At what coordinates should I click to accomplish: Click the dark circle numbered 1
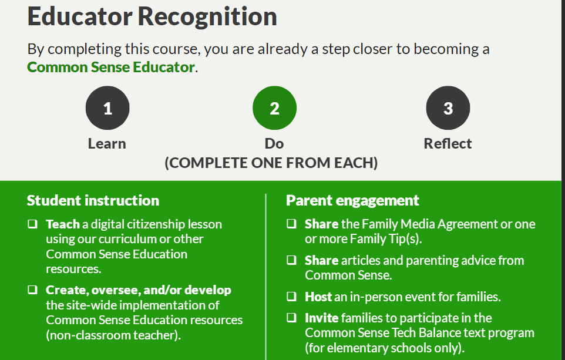point(107,107)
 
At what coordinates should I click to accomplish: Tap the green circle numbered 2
point(275,107)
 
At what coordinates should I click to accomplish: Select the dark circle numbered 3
point(448,107)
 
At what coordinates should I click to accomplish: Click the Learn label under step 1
point(107,144)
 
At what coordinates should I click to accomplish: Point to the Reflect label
point(448,144)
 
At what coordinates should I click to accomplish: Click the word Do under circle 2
point(274,144)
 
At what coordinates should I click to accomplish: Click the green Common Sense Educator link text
point(111,68)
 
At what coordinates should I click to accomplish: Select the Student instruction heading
point(93,200)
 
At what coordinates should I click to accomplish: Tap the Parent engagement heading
point(352,200)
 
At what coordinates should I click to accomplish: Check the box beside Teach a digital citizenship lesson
point(32,224)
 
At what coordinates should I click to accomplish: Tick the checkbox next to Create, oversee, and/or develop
point(32,290)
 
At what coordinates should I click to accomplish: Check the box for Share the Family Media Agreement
point(291,224)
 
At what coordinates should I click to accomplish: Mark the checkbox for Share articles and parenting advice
point(291,260)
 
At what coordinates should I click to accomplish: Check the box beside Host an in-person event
point(291,297)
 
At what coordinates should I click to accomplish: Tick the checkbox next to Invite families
point(291,318)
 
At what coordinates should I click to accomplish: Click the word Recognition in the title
point(207,17)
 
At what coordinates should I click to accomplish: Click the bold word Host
point(318,297)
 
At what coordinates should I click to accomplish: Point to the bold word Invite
point(322,318)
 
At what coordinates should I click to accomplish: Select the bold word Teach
point(63,224)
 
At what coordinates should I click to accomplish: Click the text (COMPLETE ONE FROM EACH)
point(271,163)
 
